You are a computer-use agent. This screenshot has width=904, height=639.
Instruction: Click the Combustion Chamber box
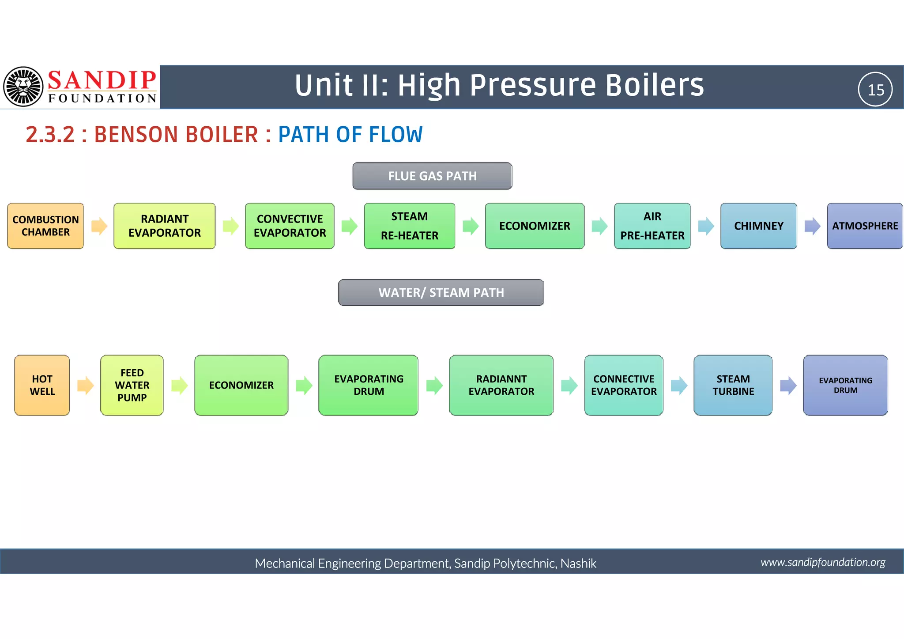click(45, 226)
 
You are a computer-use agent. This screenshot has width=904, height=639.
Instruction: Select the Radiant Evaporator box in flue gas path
click(164, 226)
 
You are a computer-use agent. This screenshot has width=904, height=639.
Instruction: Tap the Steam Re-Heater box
click(409, 226)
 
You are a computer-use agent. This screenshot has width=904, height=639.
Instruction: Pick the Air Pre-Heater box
click(652, 226)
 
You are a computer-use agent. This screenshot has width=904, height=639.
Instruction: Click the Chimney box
click(758, 226)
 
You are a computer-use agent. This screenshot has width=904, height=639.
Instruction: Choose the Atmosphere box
click(864, 226)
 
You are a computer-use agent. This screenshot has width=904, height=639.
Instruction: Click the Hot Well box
click(42, 385)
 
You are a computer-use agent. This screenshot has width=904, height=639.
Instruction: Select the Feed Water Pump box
click(132, 385)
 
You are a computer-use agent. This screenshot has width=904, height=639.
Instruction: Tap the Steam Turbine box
click(733, 385)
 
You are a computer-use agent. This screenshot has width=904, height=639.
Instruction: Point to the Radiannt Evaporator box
click(501, 385)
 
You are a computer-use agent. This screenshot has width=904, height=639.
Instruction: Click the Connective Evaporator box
click(624, 385)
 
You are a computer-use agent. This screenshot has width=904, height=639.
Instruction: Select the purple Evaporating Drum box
click(845, 385)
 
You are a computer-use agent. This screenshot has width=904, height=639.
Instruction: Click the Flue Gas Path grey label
click(432, 176)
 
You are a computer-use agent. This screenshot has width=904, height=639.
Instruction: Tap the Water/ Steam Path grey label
click(441, 292)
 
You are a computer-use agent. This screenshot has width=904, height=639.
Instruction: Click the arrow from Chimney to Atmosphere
click(812, 226)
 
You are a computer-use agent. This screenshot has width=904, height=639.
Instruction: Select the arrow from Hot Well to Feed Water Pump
click(85, 385)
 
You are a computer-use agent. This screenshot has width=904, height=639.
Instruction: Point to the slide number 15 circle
click(875, 90)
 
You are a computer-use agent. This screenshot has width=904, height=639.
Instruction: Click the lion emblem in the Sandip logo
click(23, 87)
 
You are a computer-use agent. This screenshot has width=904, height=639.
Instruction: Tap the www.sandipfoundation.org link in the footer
click(823, 562)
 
